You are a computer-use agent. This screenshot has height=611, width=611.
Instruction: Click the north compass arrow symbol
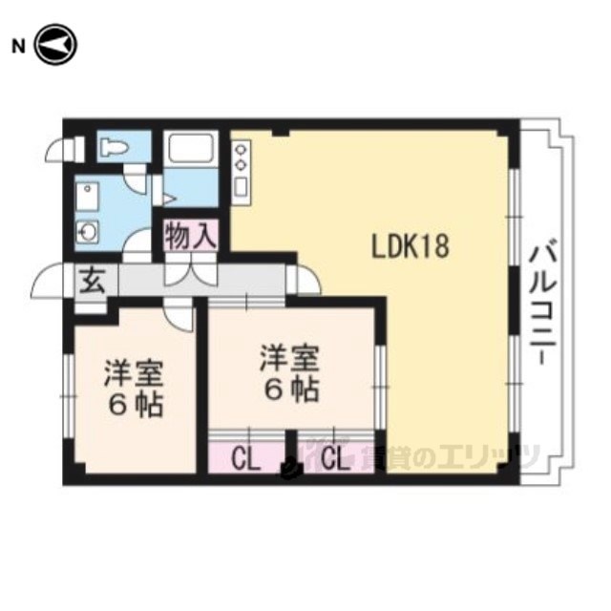55,45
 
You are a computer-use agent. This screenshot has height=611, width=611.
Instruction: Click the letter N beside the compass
18,47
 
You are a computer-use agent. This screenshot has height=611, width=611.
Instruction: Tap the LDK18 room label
411,247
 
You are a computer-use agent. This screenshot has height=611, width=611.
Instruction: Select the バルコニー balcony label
542,304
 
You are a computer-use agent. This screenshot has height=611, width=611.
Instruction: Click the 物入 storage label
190,236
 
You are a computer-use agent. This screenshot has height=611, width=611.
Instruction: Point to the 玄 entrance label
93,281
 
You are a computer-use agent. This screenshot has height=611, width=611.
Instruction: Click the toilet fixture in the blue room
114,147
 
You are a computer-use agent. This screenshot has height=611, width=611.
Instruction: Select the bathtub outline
191,148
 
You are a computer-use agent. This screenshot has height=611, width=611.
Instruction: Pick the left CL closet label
245,460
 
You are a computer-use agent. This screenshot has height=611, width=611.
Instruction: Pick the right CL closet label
335,460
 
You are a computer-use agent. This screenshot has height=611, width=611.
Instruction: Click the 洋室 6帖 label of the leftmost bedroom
134,388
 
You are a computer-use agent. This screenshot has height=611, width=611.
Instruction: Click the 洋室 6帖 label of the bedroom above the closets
290,373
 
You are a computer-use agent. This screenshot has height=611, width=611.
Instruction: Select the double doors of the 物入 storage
191,271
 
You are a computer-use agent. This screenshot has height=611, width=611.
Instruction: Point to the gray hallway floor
201,280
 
